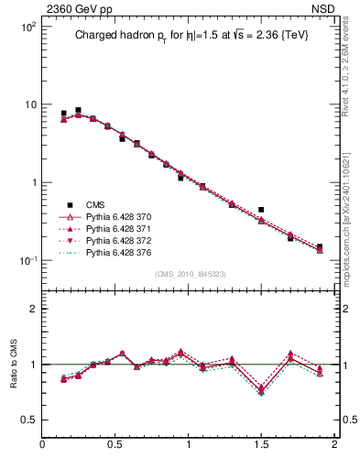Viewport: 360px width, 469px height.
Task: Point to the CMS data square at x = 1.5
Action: point(261,210)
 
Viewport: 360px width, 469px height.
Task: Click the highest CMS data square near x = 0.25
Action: point(78,110)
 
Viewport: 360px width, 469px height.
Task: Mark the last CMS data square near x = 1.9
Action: point(320,246)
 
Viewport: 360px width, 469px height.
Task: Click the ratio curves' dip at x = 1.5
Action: point(261,391)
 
